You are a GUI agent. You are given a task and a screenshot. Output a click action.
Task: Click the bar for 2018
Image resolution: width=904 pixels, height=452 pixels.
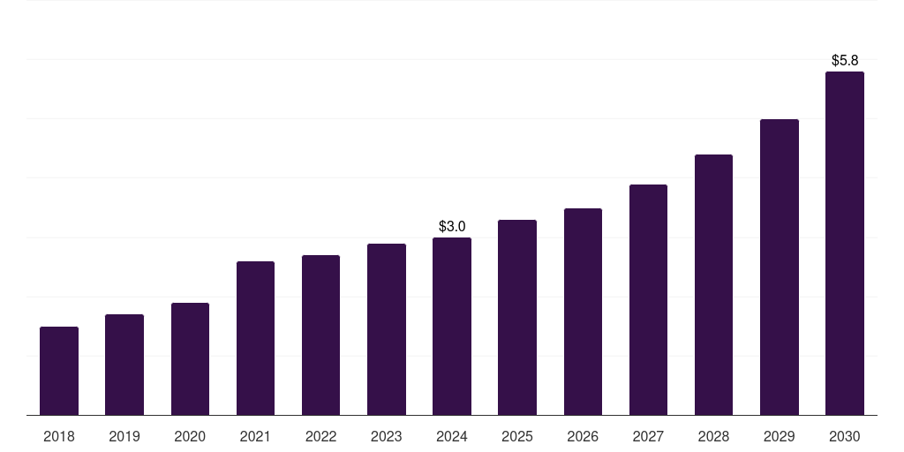point(59,371)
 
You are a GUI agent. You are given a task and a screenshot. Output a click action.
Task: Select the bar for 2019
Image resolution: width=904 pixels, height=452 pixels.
point(124,365)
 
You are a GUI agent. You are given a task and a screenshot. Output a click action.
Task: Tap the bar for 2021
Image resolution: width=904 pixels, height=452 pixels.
point(255,338)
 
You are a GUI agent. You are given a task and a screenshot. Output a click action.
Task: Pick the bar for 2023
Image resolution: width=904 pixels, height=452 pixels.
point(387,329)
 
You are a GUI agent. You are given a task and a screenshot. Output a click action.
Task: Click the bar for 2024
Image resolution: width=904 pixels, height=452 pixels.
point(452,327)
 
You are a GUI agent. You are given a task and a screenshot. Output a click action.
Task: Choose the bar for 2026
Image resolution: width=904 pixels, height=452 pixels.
point(583,312)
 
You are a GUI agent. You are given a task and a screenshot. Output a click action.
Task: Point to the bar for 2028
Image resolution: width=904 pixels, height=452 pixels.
point(713,285)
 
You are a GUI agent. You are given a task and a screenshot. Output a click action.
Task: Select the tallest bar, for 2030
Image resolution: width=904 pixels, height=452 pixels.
point(845,244)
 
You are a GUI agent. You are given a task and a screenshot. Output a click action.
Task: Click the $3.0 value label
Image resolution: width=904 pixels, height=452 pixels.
point(452,227)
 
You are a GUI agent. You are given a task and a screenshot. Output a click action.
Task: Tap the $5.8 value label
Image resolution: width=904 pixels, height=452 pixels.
point(845,61)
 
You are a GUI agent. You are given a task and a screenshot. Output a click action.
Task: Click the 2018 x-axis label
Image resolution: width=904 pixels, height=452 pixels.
point(59,436)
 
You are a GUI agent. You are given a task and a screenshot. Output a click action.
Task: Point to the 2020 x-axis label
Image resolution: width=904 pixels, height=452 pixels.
point(190,436)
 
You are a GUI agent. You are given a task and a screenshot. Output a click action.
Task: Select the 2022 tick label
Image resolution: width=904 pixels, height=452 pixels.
point(320,436)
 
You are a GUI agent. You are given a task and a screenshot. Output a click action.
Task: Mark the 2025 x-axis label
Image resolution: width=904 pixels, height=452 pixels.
point(517,436)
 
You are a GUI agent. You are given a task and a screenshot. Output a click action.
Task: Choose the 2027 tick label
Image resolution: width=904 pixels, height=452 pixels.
point(648,436)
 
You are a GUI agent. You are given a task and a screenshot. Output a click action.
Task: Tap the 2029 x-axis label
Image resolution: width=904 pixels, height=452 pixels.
point(779,436)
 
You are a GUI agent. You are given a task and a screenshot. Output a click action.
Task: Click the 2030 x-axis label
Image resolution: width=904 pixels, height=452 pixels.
point(845,436)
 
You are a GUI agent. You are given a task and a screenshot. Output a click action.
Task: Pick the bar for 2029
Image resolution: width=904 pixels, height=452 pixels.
point(779,267)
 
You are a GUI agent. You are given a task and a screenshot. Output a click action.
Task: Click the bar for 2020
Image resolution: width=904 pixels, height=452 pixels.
point(190,359)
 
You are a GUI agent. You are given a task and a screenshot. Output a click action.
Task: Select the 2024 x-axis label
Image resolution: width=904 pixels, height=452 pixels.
point(452,436)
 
